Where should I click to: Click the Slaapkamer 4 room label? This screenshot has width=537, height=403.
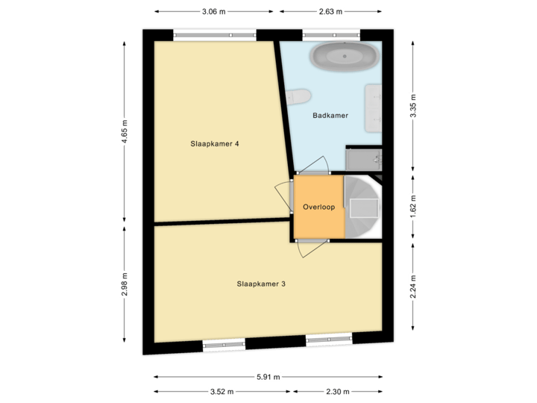[214, 144]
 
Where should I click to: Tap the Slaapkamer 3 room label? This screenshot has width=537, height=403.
[261, 284]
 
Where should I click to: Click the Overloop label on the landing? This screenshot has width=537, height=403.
[319, 207]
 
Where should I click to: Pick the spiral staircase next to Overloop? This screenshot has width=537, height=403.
[363, 207]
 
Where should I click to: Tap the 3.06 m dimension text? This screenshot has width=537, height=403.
[213, 11]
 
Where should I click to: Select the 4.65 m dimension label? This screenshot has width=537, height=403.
[125, 132]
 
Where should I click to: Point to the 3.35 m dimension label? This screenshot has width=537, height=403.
[412, 106]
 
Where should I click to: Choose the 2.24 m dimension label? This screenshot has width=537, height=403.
[412, 284]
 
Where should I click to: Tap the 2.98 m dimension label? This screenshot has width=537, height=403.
[125, 284]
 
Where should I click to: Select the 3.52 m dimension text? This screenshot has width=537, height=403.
[222, 391]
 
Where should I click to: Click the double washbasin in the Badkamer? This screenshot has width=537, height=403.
[374, 107]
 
